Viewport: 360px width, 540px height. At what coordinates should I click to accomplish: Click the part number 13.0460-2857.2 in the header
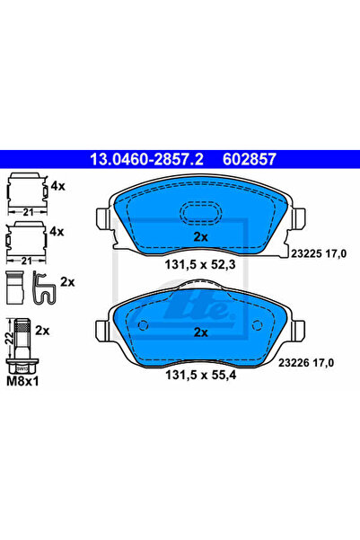pyautogui.click(x=146, y=159)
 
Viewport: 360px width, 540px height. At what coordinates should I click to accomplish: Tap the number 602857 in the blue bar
pyautogui.click(x=250, y=159)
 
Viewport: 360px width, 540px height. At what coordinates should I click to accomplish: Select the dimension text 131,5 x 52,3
pyautogui.click(x=200, y=265)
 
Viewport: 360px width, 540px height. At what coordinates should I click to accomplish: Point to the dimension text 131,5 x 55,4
pyautogui.click(x=201, y=375)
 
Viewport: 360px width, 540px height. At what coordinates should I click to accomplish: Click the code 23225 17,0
pyautogui.click(x=319, y=253)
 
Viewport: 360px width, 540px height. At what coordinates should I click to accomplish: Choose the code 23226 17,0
pyautogui.click(x=306, y=363)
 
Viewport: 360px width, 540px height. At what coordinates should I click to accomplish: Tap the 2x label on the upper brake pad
pyautogui.click(x=201, y=237)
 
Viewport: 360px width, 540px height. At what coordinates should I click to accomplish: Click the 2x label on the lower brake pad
pyautogui.click(x=201, y=332)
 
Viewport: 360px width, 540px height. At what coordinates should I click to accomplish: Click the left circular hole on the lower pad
pyautogui.click(x=143, y=325)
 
